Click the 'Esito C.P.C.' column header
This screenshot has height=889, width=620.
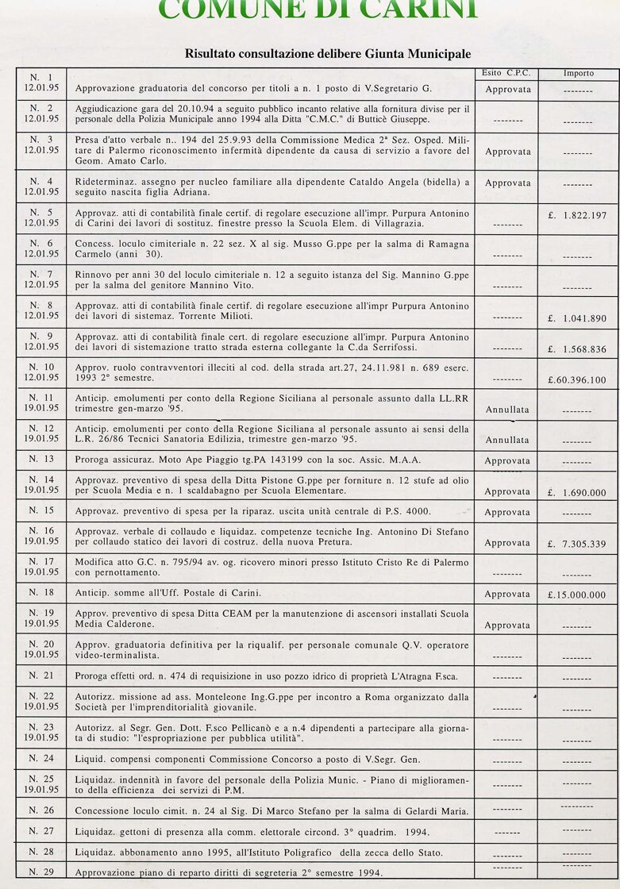pos(506,73)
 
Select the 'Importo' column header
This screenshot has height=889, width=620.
pos(578,73)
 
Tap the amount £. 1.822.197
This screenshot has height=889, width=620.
pos(577,216)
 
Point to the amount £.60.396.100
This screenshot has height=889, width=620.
pos(577,380)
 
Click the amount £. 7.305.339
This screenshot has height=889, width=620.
pos(577,545)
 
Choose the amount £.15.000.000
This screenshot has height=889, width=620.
pos(577,595)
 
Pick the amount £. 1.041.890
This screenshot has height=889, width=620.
pos(577,319)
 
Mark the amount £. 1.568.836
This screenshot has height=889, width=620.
pos(577,350)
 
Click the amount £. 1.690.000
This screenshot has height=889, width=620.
pos(577,493)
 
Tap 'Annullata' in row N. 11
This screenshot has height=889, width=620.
pos(507,410)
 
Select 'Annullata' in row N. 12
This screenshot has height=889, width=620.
pos(507,441)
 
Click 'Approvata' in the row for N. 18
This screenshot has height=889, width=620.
pos(507,595)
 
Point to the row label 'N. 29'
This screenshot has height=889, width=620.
pos(41,872)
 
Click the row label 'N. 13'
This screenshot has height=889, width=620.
pos(41,459)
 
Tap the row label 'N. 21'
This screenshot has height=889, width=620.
pos(41,675)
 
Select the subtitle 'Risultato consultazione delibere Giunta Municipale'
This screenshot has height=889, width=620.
pos(328,54)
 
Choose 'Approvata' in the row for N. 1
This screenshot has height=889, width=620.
pos(507,90)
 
